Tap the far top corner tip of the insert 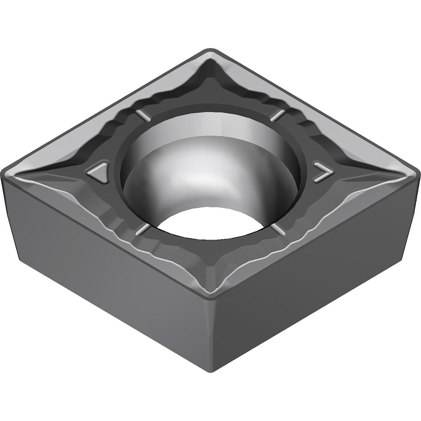coord(210,51)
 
